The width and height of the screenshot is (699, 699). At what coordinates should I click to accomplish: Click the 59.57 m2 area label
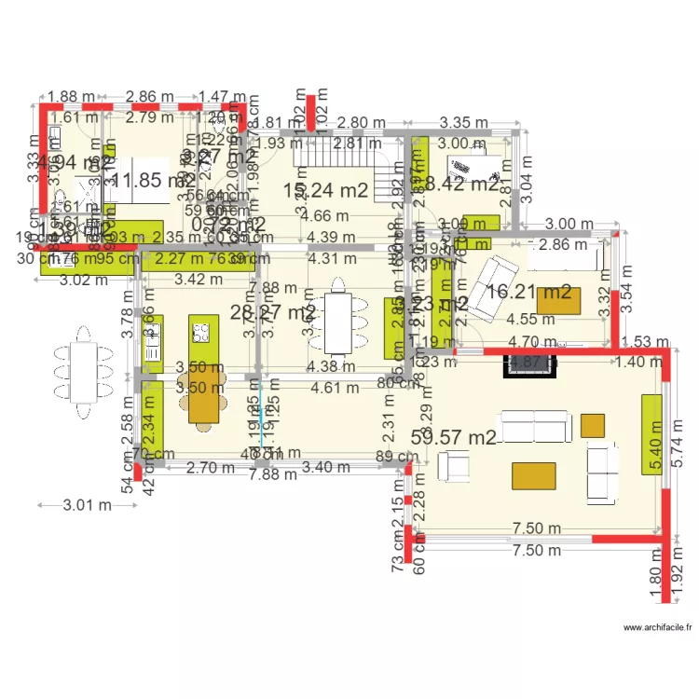point(453,435)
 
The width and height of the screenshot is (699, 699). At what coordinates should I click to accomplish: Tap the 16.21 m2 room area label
point(529,292)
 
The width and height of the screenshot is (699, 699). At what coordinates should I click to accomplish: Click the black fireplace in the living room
point(530,364)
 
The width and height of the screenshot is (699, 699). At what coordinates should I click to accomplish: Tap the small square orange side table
point(592,425)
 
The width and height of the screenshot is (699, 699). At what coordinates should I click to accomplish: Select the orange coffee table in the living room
point(534,476)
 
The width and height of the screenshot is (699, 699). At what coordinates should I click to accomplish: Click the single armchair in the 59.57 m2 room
point(454,466)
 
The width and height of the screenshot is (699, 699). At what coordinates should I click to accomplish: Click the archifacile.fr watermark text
point(658,628)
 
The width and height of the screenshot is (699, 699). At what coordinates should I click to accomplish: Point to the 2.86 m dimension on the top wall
point(151,96)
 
